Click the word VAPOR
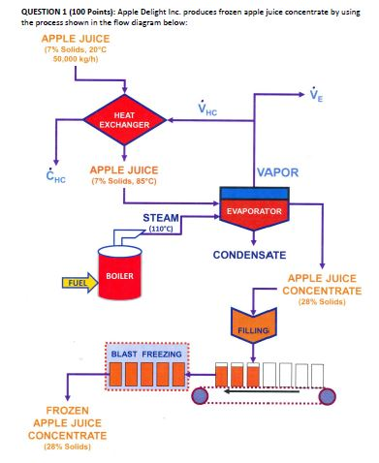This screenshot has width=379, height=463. (x=277, y=171)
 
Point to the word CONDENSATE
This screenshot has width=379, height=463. (x=249, y=255)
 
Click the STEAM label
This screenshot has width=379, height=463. (x=160, y=217)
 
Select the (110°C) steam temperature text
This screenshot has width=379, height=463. (x=160, y=229)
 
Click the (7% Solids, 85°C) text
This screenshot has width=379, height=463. (x=122, y=180)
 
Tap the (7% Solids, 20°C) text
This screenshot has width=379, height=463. (x=76, y=48)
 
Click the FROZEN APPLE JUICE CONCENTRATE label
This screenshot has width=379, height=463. (x=67, y=428)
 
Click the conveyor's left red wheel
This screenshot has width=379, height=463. (x=201, y=394)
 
